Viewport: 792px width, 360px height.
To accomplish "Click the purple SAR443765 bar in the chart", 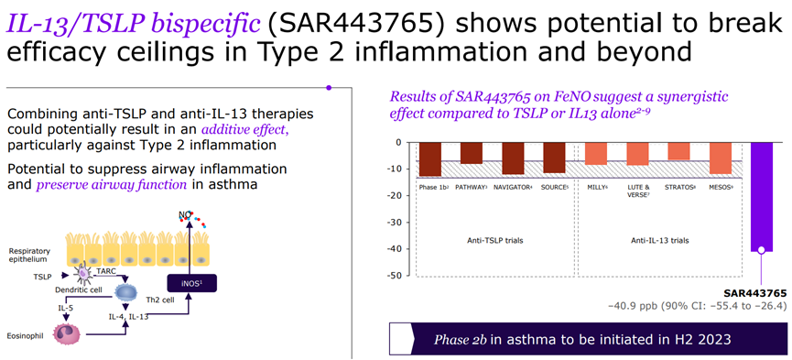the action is tap(762, 197).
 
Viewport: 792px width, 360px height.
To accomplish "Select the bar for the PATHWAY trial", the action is tap(471, 153).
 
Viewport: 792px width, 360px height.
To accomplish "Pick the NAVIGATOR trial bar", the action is tap(513, 158).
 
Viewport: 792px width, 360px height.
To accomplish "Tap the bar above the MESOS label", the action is tap(721, 158).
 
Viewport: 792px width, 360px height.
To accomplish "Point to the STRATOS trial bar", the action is tap(678, 151).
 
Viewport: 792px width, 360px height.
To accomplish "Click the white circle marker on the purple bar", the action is tap(761, 249).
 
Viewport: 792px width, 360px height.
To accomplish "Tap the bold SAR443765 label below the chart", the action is tap(755, 293).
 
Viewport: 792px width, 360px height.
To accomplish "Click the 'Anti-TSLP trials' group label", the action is tap(494, 240).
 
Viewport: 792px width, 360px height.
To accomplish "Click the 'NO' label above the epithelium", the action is tap(185, 216).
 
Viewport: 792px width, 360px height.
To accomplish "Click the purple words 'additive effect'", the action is tap(245, 129).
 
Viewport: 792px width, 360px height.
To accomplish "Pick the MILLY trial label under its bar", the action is tap(596, 187).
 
